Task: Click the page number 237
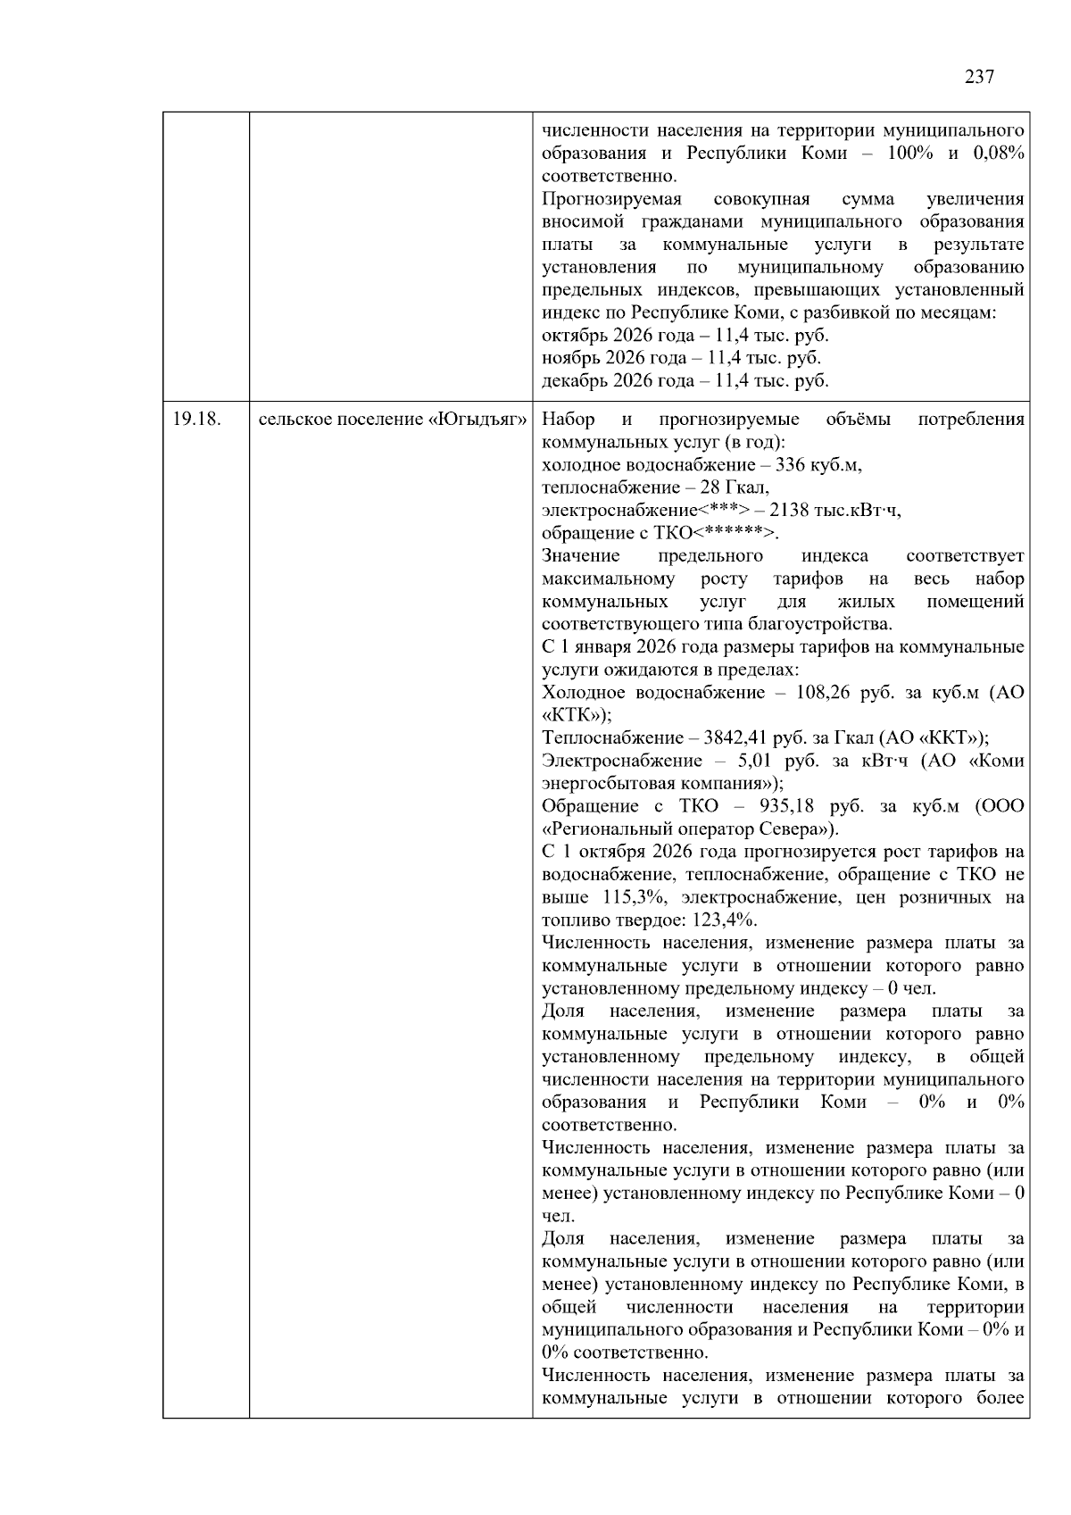tap(979, 77)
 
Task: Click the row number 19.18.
tap(195, 420)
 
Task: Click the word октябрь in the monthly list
tap(571, 336)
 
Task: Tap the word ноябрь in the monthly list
tap(569, 358)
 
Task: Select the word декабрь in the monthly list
tap(572, 381)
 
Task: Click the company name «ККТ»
tap(949, 738)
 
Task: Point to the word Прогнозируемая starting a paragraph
tap(611, 199)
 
